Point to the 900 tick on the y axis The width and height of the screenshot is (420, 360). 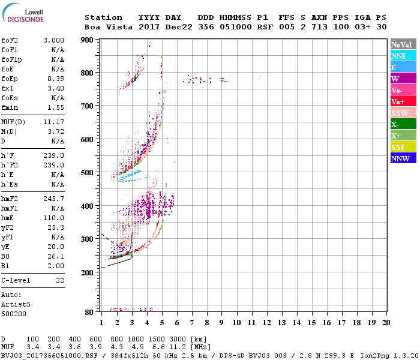87,40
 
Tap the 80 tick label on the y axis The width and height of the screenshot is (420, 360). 89,313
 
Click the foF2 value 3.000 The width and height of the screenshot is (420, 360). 53,40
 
